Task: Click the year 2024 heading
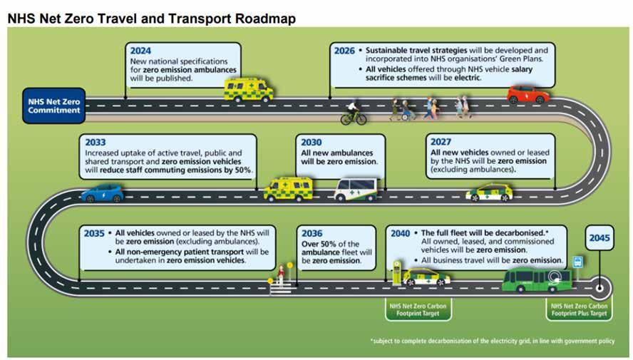tap(141, 51)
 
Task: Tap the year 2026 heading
tap(345, 51)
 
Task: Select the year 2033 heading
tap(95, 143)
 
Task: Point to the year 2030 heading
tap(311, 143)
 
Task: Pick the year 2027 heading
tap(441, 143)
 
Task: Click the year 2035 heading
tap(94, 233)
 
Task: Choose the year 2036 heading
tap(312, 233)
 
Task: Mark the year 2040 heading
tap(400, 233)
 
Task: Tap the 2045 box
tap(599, 237)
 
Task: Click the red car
tap(528, 94)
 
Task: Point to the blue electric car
tap(102, 193)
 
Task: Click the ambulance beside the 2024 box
tap(249, 90)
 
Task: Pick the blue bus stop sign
tap(577, 262)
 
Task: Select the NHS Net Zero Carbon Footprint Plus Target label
tap(578, 309)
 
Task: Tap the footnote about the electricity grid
tap(492, 341)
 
